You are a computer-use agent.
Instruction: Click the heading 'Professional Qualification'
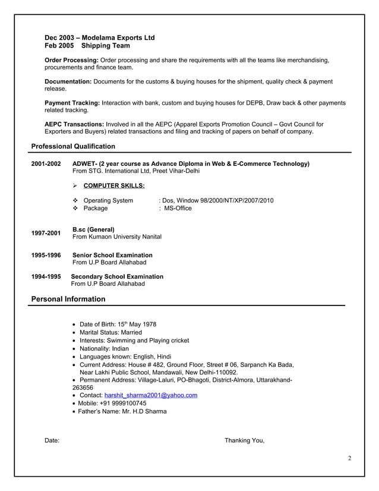click(73, 146)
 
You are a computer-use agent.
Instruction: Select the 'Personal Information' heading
click(68, 299)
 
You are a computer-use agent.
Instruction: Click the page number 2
click(349, 458)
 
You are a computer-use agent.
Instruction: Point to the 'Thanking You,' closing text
click(244, 440)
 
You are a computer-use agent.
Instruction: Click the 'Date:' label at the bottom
click(52, 440)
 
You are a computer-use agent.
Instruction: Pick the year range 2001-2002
click(46, 163)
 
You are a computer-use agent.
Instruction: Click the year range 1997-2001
click(46, 233)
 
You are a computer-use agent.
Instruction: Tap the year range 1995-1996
click(46, 255)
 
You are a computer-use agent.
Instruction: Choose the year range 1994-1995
click(46, 276)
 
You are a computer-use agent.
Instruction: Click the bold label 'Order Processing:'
click(72, 60)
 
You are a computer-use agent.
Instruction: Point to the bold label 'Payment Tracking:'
click(72, 103)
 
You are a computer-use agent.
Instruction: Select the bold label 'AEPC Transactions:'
click(74, 124)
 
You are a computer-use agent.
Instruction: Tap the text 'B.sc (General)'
click(93, 229)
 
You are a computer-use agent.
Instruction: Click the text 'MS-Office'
click(178, 209)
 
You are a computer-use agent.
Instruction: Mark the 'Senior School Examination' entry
click(112, 255)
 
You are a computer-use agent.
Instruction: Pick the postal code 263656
click(83, 387)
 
